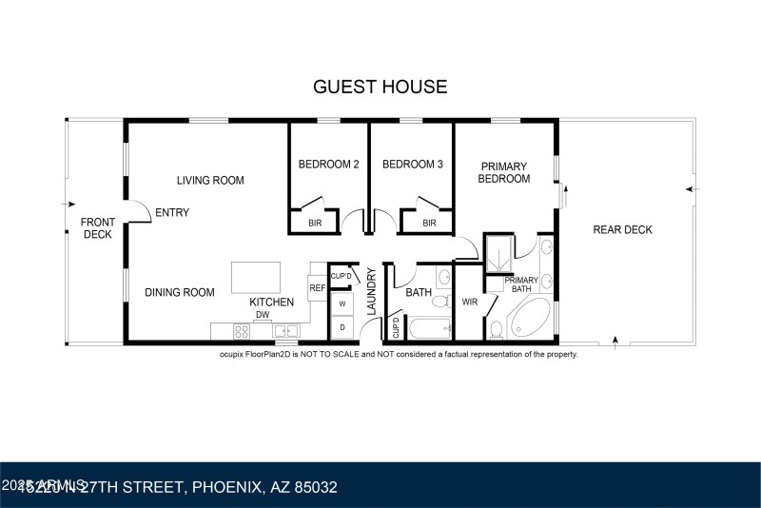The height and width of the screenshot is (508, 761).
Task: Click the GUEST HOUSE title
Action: [x=380, y=87]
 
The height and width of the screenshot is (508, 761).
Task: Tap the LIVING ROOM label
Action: [x=210, y=180]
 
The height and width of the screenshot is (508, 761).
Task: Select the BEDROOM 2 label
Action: [x=328, y=164]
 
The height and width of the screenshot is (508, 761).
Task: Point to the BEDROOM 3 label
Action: [x=412, y=164]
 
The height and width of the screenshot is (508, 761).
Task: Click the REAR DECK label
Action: [x=622, y=229]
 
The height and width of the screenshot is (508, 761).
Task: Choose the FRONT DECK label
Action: [x=98, y=228]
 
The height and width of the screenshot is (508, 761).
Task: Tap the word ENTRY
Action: [x=171, y=212]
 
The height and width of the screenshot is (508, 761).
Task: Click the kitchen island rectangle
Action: [x=258, y=277]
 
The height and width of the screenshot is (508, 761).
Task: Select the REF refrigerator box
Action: [x=317, y=287]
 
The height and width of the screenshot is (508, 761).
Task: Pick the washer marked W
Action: [x=341, y=304]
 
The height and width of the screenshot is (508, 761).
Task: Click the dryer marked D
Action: [x=341, y=327]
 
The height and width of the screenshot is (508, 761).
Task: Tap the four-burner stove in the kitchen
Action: [x=242, y=332]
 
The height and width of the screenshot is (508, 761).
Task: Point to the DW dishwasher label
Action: [x=262, y=316]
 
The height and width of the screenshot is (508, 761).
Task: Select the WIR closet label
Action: [x=469, y=302]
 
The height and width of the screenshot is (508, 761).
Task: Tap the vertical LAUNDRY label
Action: [x=372, y=292]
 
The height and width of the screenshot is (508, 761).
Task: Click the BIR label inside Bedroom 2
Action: [x=314, y=224]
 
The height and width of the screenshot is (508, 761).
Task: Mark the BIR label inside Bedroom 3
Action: [x=428, y=224]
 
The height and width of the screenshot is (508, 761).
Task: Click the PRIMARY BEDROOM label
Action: [x=503, y=172]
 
